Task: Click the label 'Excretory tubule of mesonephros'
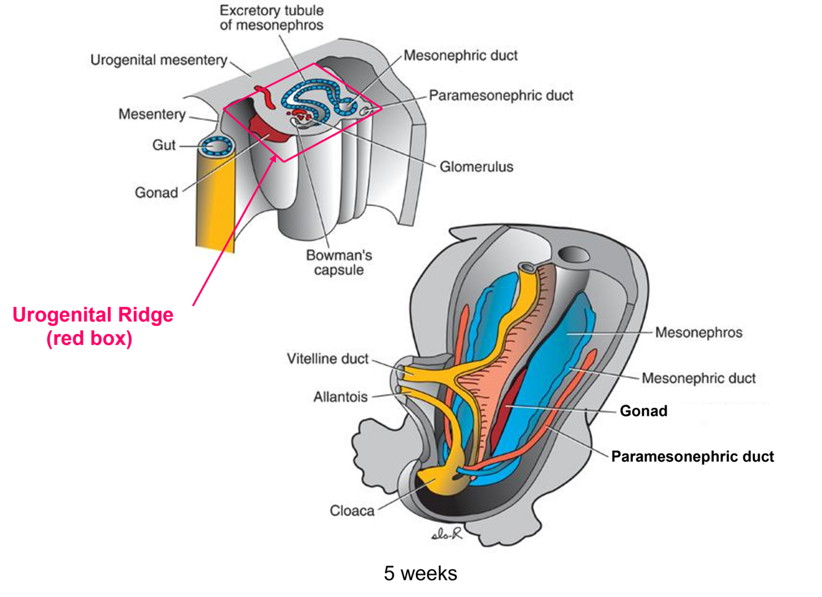pos(272,18)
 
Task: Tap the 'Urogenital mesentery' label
pos(159,60)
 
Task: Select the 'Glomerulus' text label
pos(476,166)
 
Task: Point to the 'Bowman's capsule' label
pos(339,262)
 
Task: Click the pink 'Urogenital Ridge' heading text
pos(92,315)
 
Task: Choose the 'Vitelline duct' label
pos(327,359)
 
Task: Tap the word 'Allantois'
pos(340,397)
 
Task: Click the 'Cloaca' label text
pos(352,511)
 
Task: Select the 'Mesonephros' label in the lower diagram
pos(698,333)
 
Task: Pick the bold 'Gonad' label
pos(643,411)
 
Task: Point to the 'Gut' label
pos(164,145)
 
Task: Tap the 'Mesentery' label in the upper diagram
pos(152,114)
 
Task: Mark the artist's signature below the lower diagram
pos(447,534)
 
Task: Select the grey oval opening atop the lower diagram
pos(574,254)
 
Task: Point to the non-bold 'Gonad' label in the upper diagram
pos(157,193)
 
